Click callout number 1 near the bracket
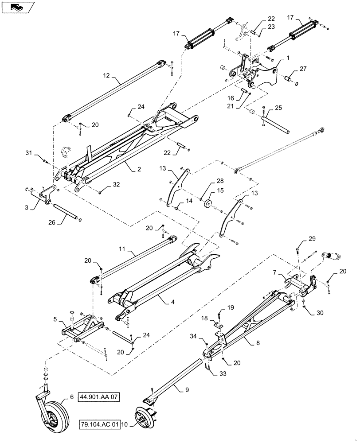(x=288, y=58)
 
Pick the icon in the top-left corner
(x=17, y=7)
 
